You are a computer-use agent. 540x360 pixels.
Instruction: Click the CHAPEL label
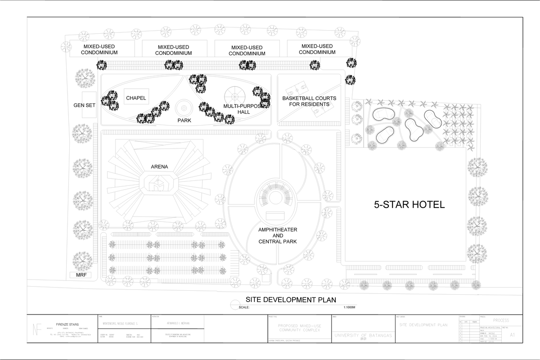point(136,98)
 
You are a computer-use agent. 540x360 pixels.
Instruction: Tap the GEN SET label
point(85,106)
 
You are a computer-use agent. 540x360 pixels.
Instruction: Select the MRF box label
point(81,275)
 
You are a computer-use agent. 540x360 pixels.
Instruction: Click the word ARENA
point(159,167)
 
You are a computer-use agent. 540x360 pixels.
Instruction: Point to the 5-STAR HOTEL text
point(409,205)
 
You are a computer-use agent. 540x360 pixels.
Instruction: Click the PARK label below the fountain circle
point(184,121)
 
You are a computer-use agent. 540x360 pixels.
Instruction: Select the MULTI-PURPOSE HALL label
point(243,108)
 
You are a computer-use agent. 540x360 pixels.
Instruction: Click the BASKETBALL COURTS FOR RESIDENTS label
point(309,101)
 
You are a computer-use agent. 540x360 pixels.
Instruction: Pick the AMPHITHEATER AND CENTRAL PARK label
point(278,236)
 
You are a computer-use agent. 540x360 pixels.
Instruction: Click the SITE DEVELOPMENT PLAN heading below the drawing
point(290,300)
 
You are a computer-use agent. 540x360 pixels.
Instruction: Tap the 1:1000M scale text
point(349,308)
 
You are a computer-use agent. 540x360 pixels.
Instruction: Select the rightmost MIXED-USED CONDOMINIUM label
point(317,49)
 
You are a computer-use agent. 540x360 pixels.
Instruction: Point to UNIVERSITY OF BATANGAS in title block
point(363,336)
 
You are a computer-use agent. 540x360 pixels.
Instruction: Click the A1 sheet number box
point(513,334)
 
